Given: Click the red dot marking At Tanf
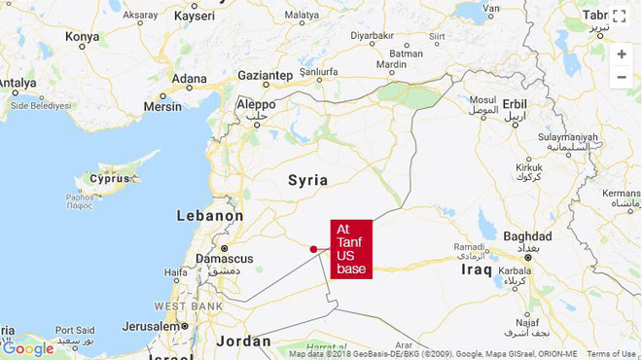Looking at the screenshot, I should click(313, 249).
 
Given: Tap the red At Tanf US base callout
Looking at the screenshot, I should click(351, 249).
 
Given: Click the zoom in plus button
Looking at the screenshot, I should click(622, 54).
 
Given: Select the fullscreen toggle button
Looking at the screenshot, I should click(620, 16).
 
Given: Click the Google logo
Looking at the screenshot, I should click(27, 348).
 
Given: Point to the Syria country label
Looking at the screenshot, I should click(307, 180).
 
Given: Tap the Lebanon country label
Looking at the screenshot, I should click(210, 215).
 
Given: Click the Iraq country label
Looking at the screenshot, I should click(478, 267).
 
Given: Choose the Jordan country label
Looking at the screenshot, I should click(243, 341).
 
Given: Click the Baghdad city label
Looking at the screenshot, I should click(528, 236).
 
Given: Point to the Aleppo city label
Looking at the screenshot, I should click(256, 104).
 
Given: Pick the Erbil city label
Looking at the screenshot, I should click(516, 104).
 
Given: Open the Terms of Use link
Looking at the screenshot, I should click(611, 354).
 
